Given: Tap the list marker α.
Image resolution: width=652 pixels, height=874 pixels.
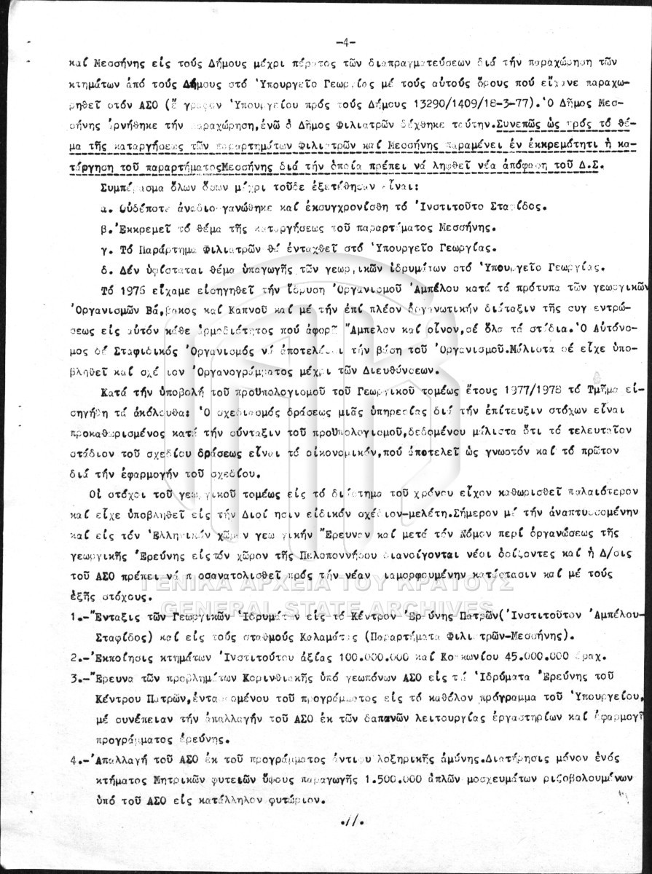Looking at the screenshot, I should tap(103, 206).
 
